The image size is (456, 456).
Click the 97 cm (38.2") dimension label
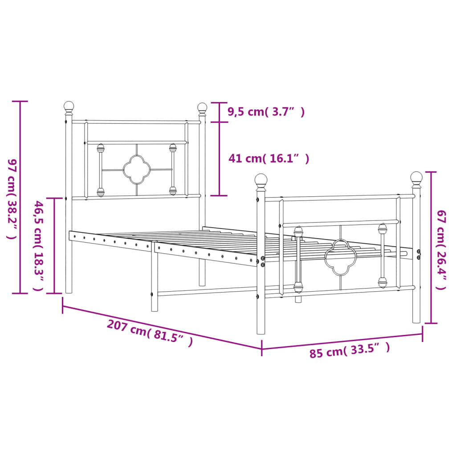click(x=12, y=198)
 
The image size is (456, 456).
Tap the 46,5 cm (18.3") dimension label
click(x=39, y=246)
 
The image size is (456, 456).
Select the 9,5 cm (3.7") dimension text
click(x=266, y=112)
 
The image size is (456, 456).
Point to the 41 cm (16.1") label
click(x=269, y=158)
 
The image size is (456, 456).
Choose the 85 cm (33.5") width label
click(x=350, y=350)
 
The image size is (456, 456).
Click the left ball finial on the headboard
click(x=69, y=106)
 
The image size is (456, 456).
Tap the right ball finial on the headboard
click(x=202, y=108)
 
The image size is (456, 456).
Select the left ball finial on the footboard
click(x=261, y=180)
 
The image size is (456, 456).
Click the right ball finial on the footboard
click(x=416, y=178)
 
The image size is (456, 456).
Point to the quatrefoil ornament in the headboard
click(x=137, y=170)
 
